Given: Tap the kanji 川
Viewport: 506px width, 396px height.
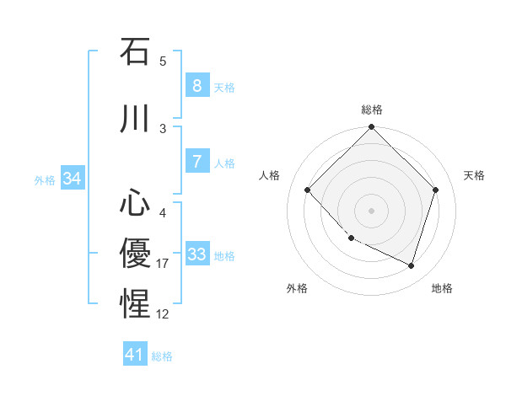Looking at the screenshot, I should (135, 119).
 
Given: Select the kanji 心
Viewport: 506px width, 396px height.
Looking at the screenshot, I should (135, 203).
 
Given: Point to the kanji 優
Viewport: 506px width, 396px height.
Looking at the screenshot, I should (135, 252).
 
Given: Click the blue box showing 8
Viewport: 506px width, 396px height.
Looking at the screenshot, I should (196, 86).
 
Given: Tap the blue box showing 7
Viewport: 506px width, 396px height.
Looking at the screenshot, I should (196, 162).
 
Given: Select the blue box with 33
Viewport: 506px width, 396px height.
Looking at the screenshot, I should (196, 254).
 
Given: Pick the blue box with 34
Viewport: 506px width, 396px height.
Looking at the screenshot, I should (72, 179).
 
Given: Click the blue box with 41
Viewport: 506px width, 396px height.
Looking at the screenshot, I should (135, 355).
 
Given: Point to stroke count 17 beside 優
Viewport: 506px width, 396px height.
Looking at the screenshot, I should (163, 264).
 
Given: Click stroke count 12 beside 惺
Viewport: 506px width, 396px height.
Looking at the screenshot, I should (163, 314).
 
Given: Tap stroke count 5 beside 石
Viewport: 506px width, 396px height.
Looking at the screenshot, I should (163, 62).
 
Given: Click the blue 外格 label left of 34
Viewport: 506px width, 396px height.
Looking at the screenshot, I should (45, 179).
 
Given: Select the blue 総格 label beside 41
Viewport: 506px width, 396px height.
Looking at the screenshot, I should (162, 356).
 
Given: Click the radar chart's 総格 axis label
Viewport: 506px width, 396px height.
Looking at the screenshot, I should (372, 110).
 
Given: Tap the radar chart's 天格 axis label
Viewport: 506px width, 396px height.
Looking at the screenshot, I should (474, 175).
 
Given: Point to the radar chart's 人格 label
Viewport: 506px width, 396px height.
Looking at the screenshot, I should (270, 175).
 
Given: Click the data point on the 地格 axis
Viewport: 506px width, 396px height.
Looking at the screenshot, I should (411, 265).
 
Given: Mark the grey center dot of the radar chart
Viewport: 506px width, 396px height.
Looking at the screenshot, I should (371, 210).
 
